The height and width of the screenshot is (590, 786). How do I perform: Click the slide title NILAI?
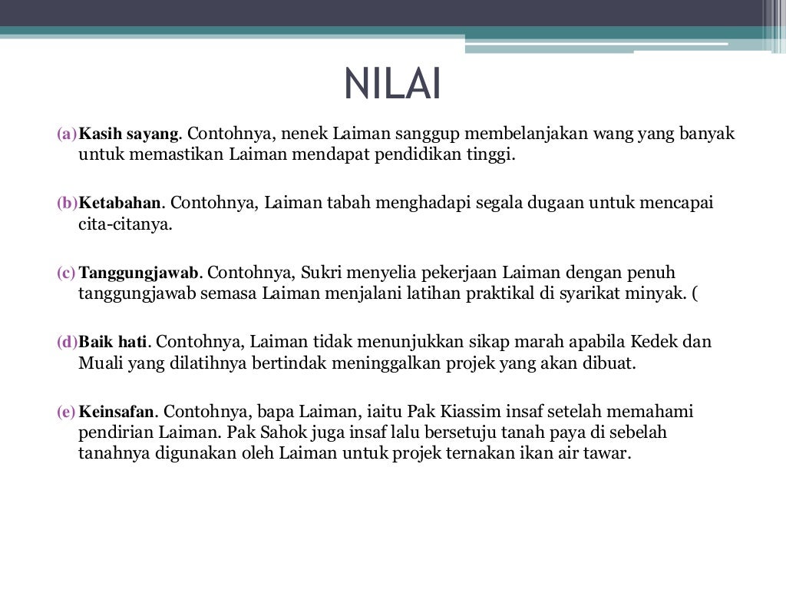click(x=392, y=85)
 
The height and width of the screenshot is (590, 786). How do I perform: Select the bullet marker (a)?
click(x=67, y=134)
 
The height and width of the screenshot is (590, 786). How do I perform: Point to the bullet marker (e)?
click(x=67, y=412)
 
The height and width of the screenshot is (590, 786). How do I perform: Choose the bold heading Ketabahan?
click(x=121, y=204)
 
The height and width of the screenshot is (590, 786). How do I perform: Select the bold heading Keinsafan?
click(x=117, y=412)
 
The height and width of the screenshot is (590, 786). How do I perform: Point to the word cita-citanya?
click(x=125, y=225)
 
